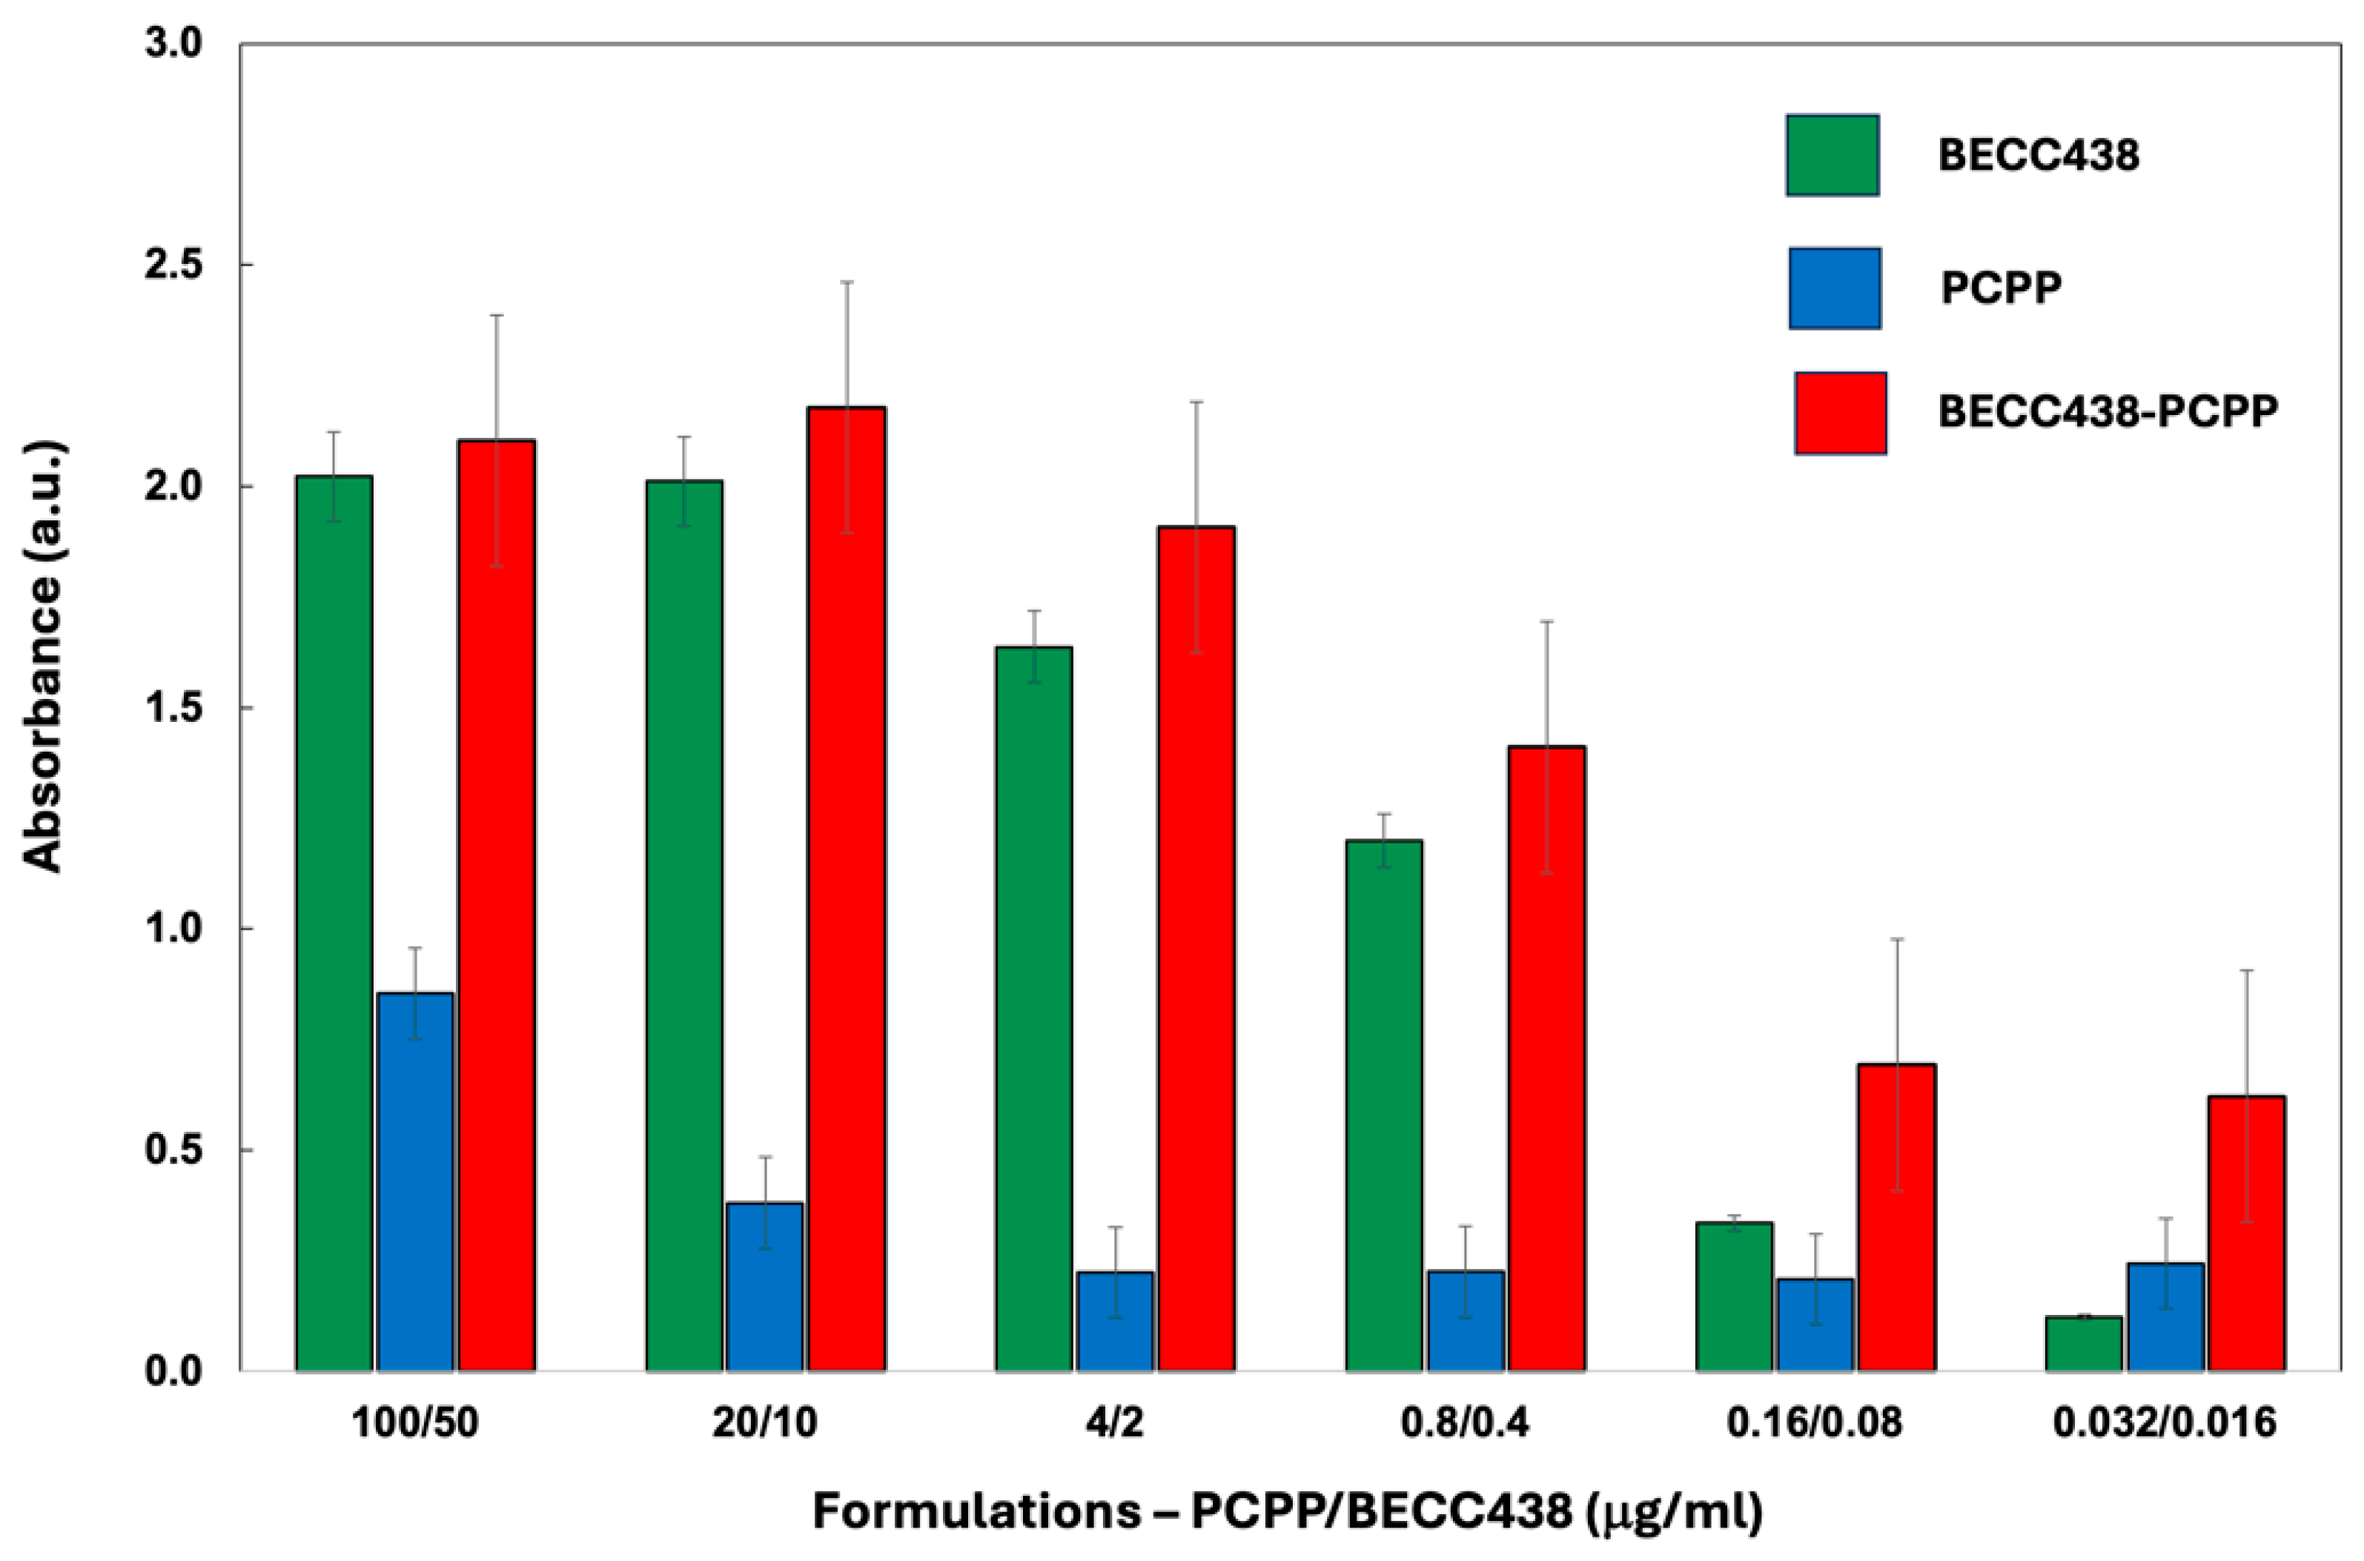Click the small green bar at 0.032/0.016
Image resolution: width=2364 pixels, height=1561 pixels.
coord(2083,1343)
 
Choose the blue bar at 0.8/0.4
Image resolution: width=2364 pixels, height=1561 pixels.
coord(1466,1320)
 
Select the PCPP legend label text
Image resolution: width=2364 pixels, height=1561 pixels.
coord(2000,288)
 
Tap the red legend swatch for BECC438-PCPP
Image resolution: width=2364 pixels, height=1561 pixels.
coord(1839,413)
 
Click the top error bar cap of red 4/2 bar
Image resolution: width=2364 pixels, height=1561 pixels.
coord(1196,402)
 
